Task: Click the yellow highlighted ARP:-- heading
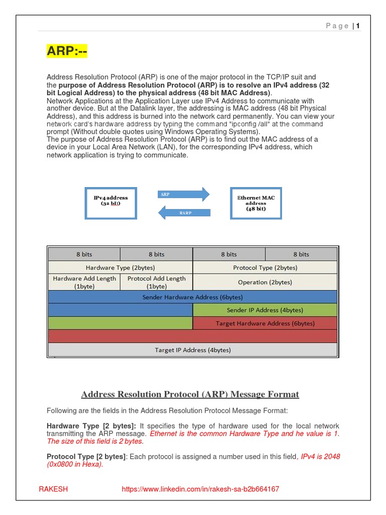tap(67, 51)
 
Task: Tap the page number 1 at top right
tap(358, 26)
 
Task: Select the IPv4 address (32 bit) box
tap(111, 202)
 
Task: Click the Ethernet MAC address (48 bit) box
tap(256, 203)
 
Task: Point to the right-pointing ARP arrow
tap(184, 194)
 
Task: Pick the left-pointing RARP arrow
tap(184, 213)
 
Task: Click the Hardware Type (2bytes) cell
tap(120, 268)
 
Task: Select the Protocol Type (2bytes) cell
tap(265, 268)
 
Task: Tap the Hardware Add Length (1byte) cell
tap(84, 282)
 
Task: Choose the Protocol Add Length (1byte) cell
tap(156, 282)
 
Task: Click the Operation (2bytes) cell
tap(265, 282)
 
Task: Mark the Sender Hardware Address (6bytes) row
tap(192, 297)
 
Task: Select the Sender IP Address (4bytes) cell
tap(265, 310)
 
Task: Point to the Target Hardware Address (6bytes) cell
tap(265, 323)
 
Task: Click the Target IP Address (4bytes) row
tap(192, 350)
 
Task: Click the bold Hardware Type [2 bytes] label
tap(91, 426)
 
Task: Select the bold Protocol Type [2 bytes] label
tap(86, 457)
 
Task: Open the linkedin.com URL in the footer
tap(201, 489)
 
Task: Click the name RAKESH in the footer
tap(53, 489)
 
